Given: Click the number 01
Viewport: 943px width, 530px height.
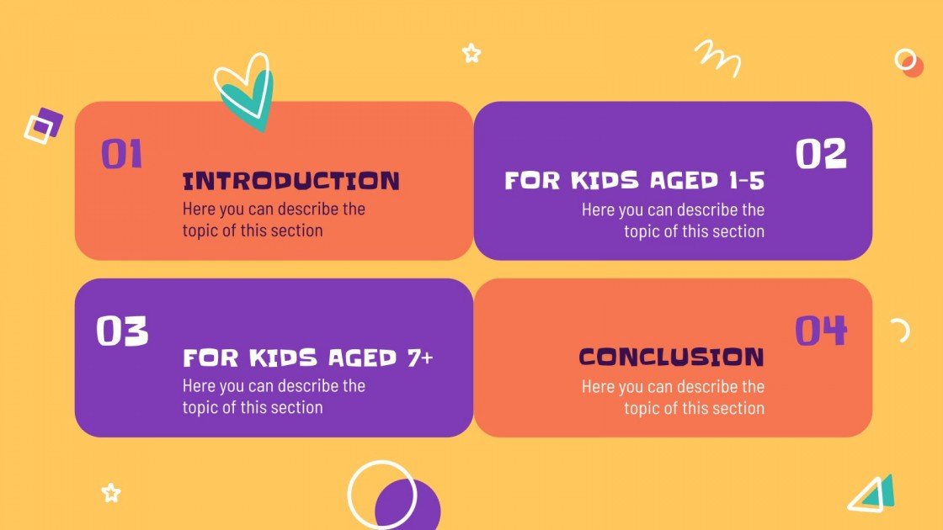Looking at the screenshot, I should click(122, 155).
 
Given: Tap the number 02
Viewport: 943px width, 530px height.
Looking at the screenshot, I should click(821, 155).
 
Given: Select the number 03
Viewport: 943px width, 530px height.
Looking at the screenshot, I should click(122, 331).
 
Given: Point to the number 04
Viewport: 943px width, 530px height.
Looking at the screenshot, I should click(821, 331).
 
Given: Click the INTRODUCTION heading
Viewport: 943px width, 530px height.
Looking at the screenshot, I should click(291, 181).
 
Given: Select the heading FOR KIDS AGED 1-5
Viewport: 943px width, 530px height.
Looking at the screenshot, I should click(634, 181).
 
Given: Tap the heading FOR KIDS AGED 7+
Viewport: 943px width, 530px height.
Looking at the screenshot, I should click(308, 358).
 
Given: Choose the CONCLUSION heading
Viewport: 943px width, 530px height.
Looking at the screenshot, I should click(671, 358).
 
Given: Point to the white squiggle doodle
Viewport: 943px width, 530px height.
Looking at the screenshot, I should click(718, 57).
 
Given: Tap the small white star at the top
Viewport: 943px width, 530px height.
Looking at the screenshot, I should click(471, 54).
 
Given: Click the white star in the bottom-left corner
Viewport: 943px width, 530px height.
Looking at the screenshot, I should click(111, 493).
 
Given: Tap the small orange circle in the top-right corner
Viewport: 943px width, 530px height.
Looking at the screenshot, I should click(912, 67).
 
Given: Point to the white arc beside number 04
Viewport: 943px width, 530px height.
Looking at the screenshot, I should click(901, 330).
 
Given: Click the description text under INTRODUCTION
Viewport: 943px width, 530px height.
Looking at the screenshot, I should click(274, 220).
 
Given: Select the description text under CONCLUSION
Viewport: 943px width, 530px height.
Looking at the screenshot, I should click(673, 397).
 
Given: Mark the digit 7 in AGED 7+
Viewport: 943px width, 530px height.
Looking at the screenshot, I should click(413, 358).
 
